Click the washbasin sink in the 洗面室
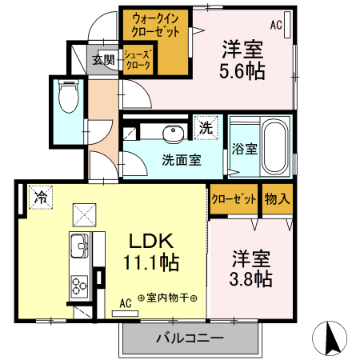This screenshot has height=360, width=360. pyautogui.click(x=171, y=133)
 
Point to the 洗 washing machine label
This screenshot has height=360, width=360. pyautogui.click(x=206, y=127)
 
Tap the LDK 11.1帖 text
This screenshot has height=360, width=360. pyautogui.click(x=153, y=251)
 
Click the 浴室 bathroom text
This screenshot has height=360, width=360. pyautogui.click(x=244, y=148)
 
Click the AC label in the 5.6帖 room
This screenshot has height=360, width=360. pyautogui.click(x=276, y=25)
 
